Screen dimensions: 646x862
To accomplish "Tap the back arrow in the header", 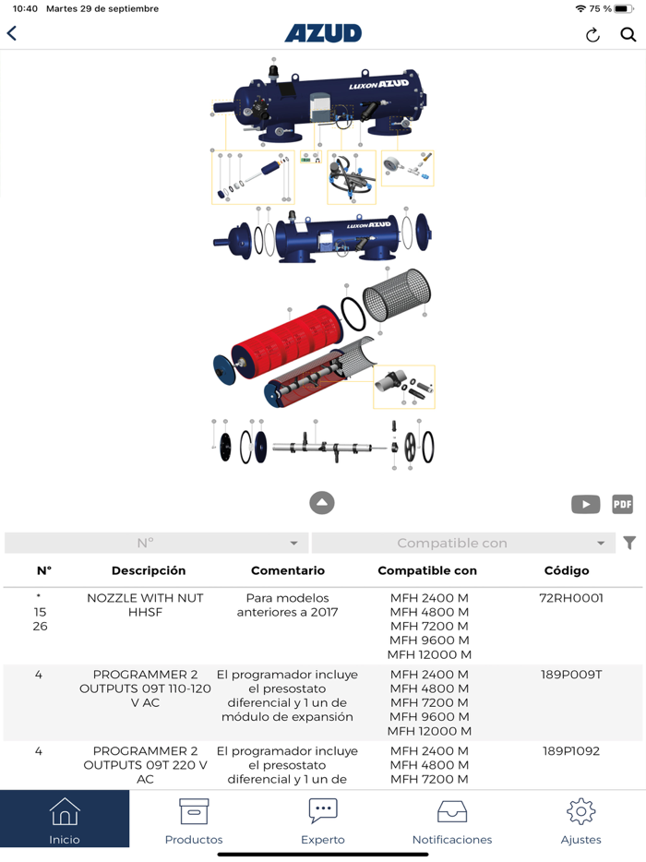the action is [x=12, y=33].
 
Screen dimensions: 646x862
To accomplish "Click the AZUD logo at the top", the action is [x=323, y=33].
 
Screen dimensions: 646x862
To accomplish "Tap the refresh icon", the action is [x=592, y=35].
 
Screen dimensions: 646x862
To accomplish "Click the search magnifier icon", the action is [x=628, y=35].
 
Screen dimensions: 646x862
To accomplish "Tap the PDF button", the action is [x=622, y=504].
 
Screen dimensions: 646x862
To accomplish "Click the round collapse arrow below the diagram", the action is [x=322, y=502].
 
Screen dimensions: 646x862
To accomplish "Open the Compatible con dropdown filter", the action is [x=463, y=544].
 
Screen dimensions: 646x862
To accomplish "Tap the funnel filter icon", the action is [x=629, y=544].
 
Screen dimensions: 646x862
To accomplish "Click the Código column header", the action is [x=567, y=570].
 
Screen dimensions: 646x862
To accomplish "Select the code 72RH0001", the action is [x=571, y=598].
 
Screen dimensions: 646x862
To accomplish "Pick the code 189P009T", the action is [x=571, y=675].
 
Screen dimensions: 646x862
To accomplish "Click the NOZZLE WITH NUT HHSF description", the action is [x=145, y=605].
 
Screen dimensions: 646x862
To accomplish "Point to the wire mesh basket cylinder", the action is [x=397, y=294].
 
